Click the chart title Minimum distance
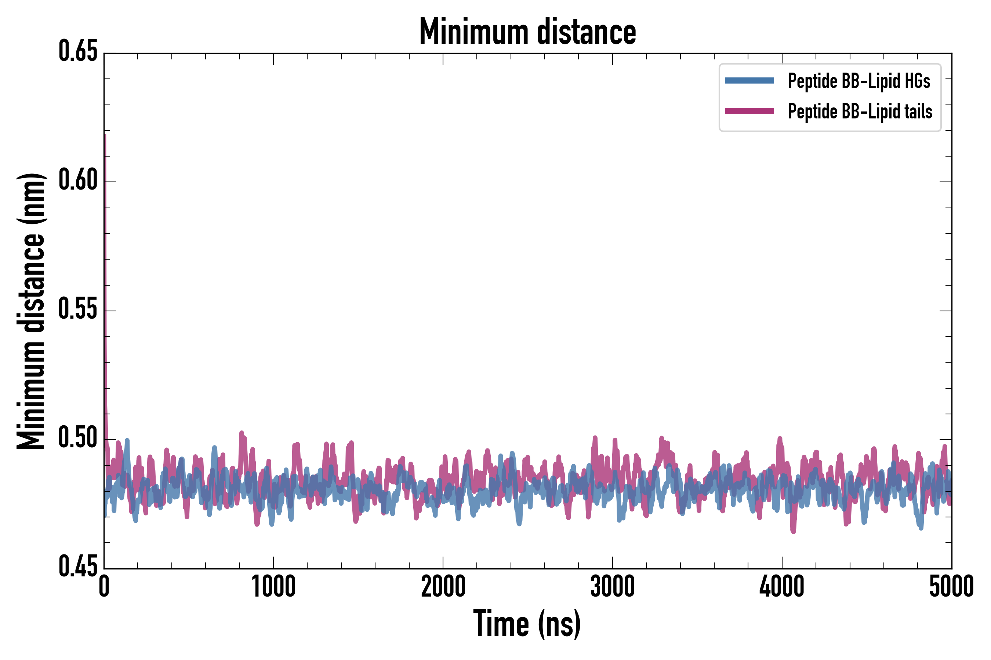(x=527, y=32)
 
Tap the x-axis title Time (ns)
(x=527, y=624)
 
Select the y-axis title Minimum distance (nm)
(x=30, y=311)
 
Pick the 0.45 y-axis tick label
(x=78, y=566)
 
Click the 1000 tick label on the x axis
(x=273, y=587)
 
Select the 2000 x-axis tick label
(x=443, y=587)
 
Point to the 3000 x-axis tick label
(x=612, y=587)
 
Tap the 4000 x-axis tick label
(x=781, y=587)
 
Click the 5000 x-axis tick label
(x=951, y=587)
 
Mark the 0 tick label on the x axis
(x=104, y=587)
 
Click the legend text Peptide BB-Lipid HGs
(x=859, y=81)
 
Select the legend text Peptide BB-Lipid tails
(x=860, y=111)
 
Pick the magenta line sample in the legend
(x=749, y=111)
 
